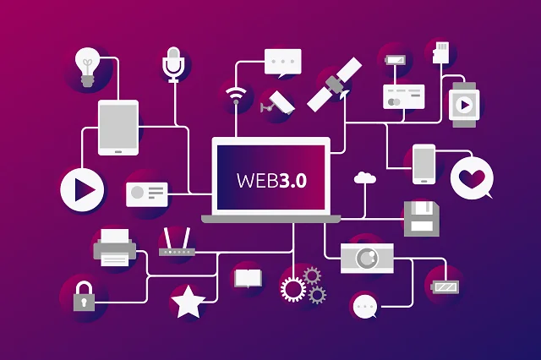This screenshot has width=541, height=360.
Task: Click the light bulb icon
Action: (87, 67)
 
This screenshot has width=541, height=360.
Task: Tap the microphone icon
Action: (173, 64)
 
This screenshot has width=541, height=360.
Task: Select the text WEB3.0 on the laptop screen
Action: (271, 180)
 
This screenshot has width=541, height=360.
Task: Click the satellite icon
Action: (335, 85)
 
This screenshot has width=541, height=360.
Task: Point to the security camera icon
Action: (278, 102)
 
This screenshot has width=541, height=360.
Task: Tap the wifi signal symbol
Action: (236, 95)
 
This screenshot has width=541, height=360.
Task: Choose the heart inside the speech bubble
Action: (472, 178)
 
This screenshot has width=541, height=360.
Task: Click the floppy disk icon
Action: (422, 219)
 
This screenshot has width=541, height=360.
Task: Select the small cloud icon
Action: (365, 177)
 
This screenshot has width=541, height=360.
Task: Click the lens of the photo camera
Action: (367, 258)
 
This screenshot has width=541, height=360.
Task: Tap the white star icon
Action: (188, 302)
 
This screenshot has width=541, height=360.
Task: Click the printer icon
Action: (115, 248)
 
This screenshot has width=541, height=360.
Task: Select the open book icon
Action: (248, 278)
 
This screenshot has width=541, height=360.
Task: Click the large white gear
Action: (293, 289)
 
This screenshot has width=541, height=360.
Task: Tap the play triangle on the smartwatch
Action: (465, 105)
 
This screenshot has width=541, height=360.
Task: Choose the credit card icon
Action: (404, 97)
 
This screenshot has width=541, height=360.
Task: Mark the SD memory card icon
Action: (441, 52)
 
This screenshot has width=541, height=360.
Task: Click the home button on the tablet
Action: (118, 152)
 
